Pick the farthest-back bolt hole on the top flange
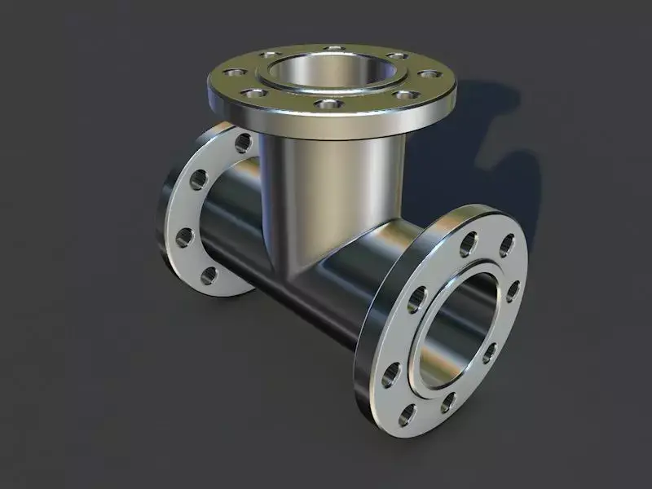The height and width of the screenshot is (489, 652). tap(333, 48)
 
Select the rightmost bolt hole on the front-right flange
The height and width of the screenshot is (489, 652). tap(513, 291)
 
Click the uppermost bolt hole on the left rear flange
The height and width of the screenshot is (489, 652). tap(243, 143)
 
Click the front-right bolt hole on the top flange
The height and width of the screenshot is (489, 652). tap(403, 95)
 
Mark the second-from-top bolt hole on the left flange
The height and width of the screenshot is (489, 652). tap(199, 180)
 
